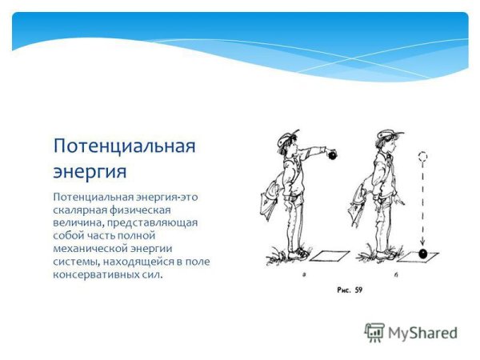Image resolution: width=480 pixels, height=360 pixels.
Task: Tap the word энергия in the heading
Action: (x=90, y=171)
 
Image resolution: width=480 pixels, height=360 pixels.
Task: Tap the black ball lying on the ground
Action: (x=422, y=254)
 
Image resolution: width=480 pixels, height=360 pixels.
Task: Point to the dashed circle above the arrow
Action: (x=423, y=158)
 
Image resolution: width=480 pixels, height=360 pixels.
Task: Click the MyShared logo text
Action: (x=422, y=334)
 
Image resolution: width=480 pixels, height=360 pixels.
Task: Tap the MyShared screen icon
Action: (x=374, y=333)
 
